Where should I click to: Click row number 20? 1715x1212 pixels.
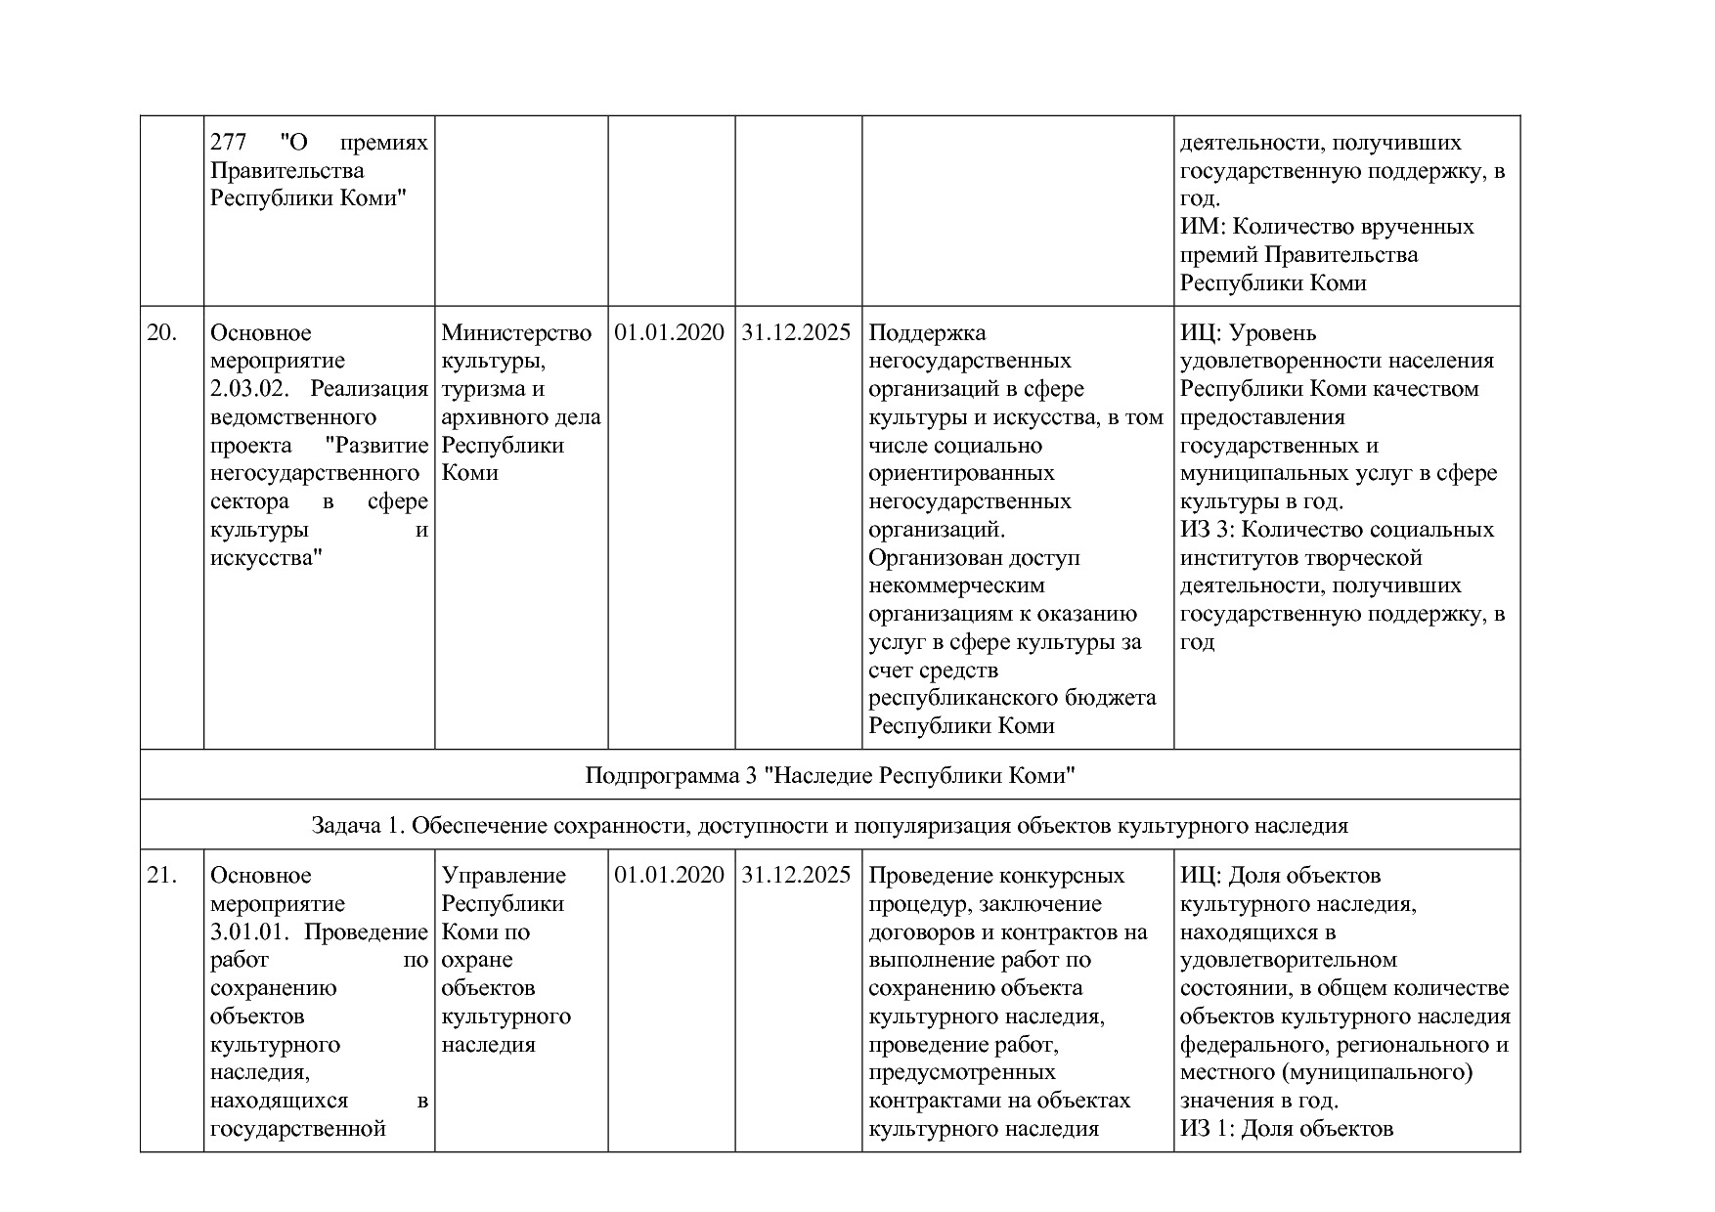[161, 333]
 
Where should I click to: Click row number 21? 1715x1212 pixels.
[161, 876]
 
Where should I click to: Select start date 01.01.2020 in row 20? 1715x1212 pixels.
[670, 333]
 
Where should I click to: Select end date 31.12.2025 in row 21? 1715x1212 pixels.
[797, 876]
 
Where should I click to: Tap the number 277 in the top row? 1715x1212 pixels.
[228, 143]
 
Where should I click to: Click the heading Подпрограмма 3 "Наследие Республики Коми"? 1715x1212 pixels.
[830, 776]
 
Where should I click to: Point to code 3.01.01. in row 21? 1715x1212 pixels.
[250, 932]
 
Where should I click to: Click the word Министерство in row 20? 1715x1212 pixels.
[516, 333]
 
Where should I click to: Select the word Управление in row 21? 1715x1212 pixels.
[504, 876]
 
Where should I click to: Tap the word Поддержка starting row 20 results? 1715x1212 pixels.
[927, 333]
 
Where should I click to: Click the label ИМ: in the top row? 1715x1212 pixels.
[1202, 227]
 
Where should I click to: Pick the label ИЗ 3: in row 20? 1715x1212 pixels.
[1209, 530]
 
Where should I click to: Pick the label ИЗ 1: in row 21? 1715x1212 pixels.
[1209, 1129]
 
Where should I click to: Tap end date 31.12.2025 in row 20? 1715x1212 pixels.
[797, 333]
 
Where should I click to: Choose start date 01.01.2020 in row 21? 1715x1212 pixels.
[670, 876]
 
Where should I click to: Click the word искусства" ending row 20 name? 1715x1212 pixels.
[266, 558]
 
